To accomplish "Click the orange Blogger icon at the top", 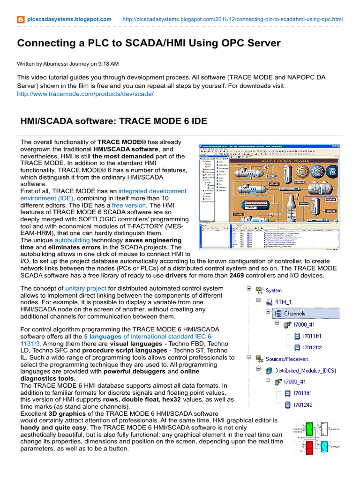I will point(21,19).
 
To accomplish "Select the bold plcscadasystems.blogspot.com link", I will point(69,19).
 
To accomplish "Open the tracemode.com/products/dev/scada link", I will point(85,94).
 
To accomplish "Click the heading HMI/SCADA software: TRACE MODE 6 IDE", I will point(113,121).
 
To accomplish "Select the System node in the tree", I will point(274,290).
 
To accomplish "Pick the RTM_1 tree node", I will point(283,301).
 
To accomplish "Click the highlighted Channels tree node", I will point(294,313).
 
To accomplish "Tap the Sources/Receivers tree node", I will point(287,359).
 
